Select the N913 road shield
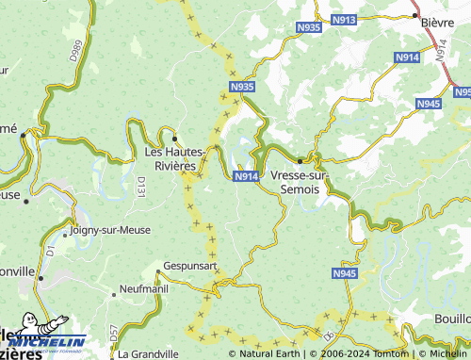(x=345, y=19)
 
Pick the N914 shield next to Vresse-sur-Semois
(x=246, y=176)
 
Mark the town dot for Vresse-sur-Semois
(x=300, y=160)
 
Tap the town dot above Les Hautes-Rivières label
(x=174, y=139)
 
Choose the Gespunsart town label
(x=190, y=267)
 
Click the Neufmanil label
(x=142, y=288)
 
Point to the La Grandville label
(x=149, y=354)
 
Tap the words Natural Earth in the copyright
(x=270, y=354)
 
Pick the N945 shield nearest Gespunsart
(x=345, y=273)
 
